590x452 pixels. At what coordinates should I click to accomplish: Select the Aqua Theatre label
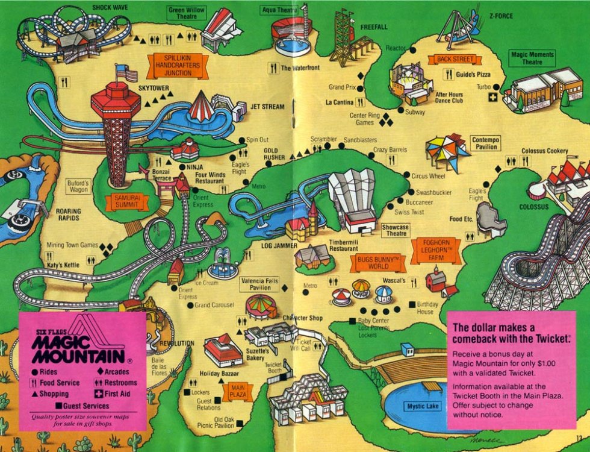coord(279,10)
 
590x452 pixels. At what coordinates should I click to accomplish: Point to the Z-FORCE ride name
coord(500,16)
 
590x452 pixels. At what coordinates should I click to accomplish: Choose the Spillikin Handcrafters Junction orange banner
coord(178,64)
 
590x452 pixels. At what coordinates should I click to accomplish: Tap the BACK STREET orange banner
coord(455,59)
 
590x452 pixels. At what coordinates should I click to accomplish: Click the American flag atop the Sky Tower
coord(127,73)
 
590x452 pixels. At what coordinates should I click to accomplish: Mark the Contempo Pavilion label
coord(486,143)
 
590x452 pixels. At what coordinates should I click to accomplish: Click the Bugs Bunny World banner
coord(378,261)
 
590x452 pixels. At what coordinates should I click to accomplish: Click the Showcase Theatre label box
coord(396,230)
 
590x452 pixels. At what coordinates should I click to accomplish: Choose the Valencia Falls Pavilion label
coord(259,284)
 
